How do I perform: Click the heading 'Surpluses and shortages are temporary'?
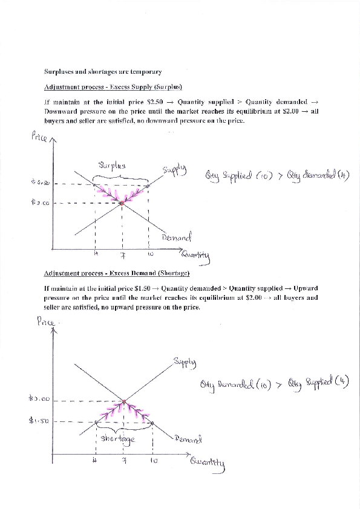pos(102,73)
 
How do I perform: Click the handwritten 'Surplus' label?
pos(112,165)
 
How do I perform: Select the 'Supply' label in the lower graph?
pos(184,362)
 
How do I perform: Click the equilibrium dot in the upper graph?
pos(122,204)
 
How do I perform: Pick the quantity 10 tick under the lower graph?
pos(154,461)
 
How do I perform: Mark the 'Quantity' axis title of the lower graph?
pos(208,463)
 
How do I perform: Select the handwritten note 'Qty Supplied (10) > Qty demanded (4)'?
pos(277,176)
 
